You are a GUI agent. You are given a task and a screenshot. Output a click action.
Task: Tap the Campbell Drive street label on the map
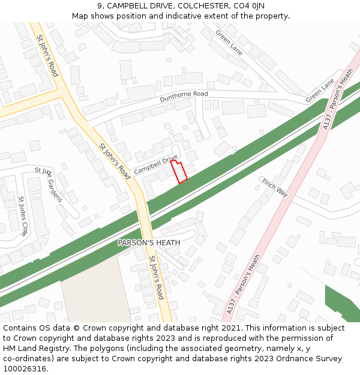pos(156,164)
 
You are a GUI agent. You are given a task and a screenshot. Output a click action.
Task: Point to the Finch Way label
pos(275,187)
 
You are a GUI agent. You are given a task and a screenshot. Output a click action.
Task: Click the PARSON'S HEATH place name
pos(149,242)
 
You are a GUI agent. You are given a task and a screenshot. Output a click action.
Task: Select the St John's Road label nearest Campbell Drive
pos(115,161)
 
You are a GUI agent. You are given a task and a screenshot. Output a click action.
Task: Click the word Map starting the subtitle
pos(80,16)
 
